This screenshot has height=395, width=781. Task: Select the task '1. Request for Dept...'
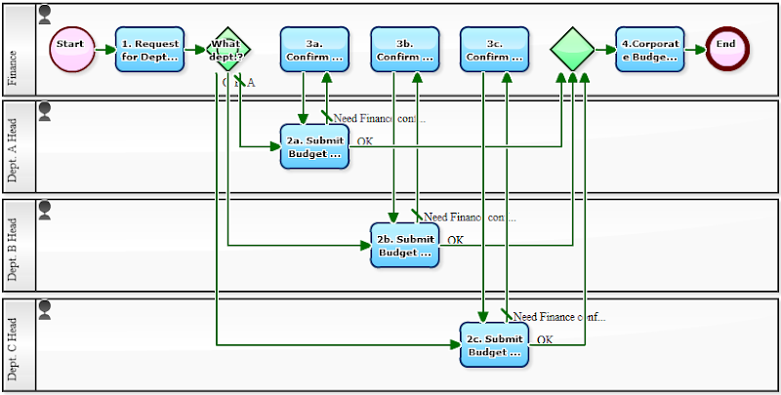(x=149, y=49)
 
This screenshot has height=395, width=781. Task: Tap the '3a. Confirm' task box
(x=314, y=49)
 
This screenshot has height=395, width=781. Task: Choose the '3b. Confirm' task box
(x=405, y=49)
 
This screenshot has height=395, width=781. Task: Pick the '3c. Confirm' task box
(x=494, y=49)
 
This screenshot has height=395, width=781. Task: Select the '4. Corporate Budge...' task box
(x=649, y=49)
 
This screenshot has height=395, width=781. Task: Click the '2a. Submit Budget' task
(x=314, y=146)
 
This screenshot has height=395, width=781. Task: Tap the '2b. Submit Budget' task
(x=404, y=245)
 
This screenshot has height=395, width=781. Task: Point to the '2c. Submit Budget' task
(x=494, y=344)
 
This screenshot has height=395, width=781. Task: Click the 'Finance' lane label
(x=13, y=49)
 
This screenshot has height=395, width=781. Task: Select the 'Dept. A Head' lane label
(x=13, y=145)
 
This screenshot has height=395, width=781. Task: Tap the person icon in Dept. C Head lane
(x=44, y=309)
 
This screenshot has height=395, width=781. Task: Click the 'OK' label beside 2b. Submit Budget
(x=455, y=240)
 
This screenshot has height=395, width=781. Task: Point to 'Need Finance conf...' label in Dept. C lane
(x=559, y=317)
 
